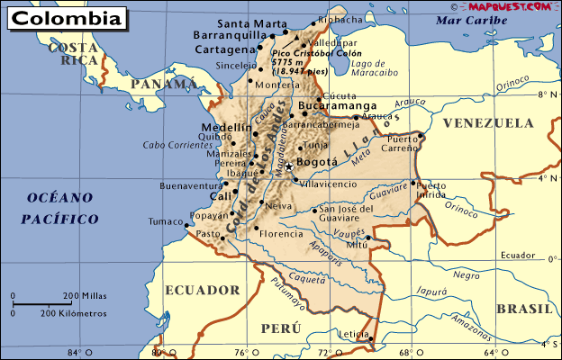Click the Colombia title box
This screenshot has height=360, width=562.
click(x=64, y=17)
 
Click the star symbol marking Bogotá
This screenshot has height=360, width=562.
click(x=289, y=167)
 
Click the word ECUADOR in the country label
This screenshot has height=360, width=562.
click(x=203, y=290)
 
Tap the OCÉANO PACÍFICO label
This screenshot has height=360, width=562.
click(x=60, y=208)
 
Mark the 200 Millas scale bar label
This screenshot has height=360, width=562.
click(x=85, y=295)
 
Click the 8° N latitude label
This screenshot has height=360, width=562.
click(x=545, y=94)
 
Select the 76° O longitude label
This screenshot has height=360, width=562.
click(x=241, y=352)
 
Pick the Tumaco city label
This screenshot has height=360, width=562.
click(x=165, y=220)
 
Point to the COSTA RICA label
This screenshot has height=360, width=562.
click(x=74, y=54)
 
